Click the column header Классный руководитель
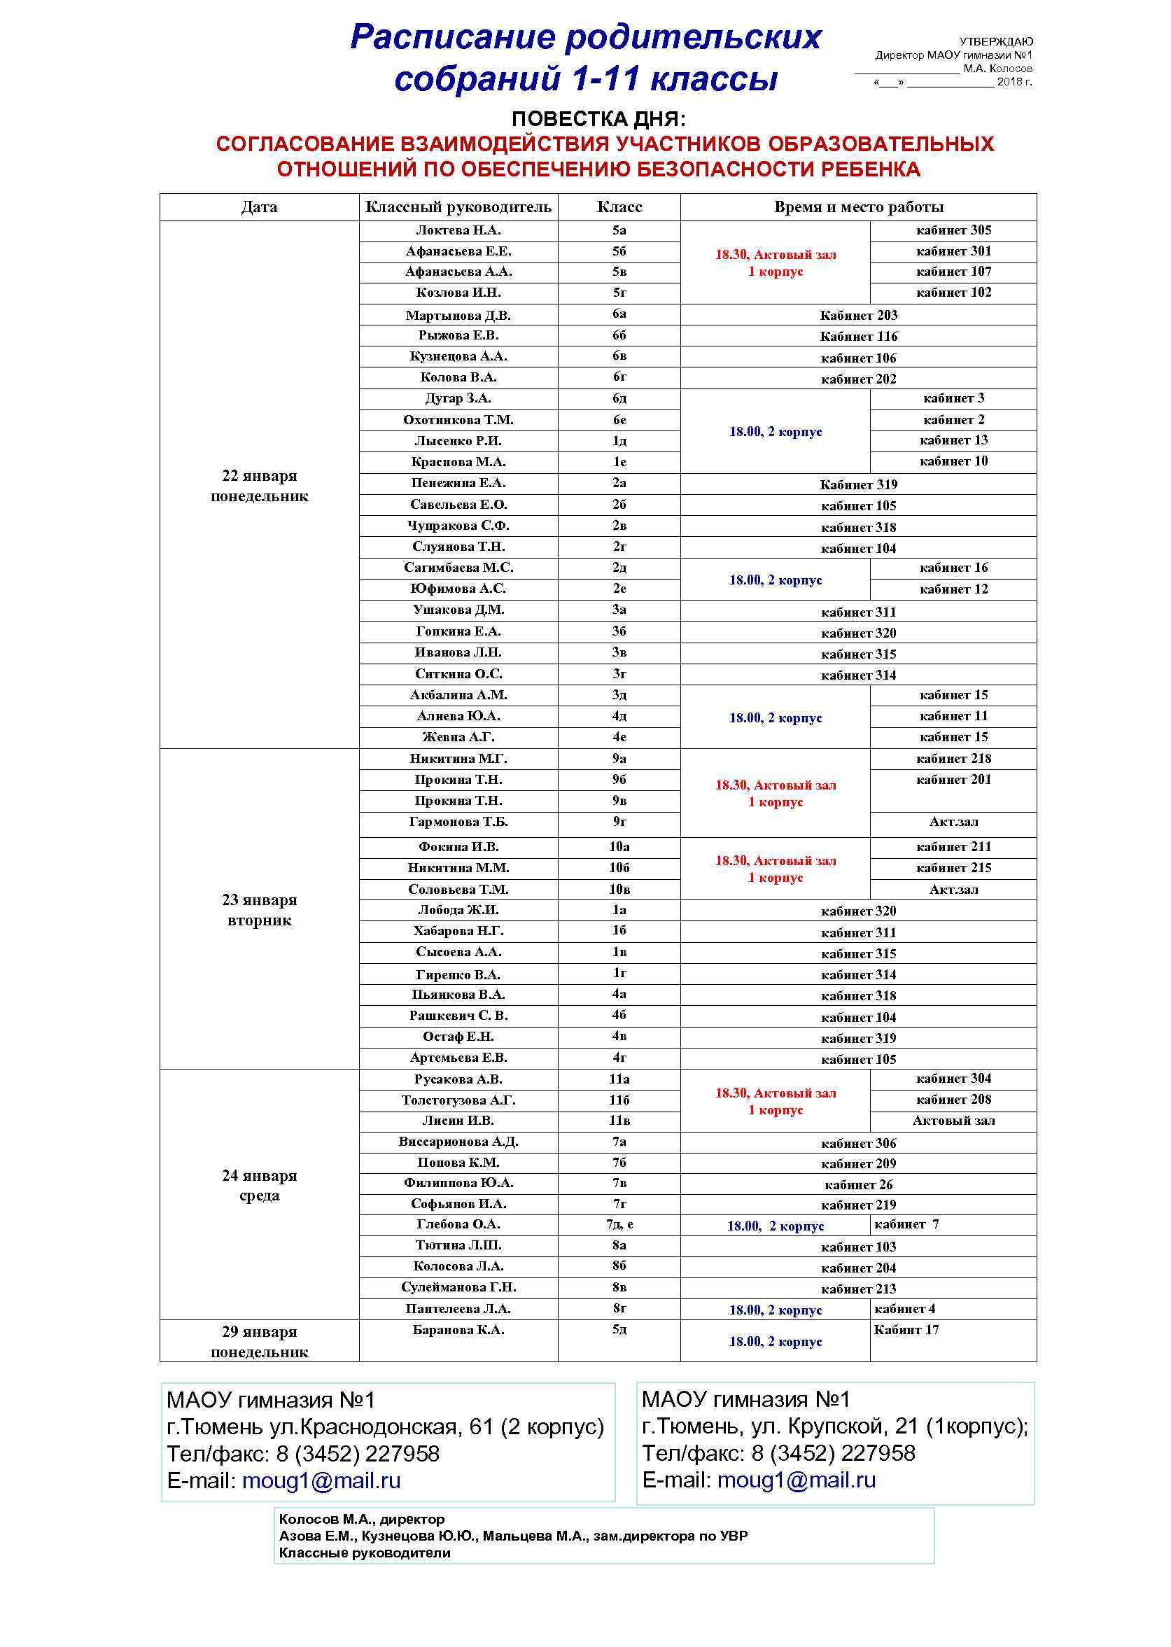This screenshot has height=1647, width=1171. pos(458,207)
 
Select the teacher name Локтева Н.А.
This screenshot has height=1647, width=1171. pos(458,230)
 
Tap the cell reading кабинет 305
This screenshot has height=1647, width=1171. pos(953,230)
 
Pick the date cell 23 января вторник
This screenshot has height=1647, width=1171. pos(259,909)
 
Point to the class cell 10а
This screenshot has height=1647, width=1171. pos(619,846)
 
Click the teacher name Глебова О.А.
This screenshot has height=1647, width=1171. pos(458,1224)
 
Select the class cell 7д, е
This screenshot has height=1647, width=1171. pos(619,1224)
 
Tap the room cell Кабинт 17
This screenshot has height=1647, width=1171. pos(906,1329)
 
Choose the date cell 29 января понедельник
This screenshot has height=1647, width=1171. pos(259,1341)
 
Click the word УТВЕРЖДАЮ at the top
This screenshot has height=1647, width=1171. pos(996,42)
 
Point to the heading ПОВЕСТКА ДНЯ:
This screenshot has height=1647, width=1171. pos(598,119)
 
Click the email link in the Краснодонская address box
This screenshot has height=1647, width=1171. pos(321,1480)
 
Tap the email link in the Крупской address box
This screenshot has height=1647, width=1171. pos(796,1480)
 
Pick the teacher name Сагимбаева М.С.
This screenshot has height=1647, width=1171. pos(458,568)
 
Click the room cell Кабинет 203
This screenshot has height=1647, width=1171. pos(858,315)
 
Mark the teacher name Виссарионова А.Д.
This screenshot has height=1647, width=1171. pos(458,1142)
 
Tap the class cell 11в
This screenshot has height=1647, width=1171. pos(619,1120)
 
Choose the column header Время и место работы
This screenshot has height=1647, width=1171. pos(858,207)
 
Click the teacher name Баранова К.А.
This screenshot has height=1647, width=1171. pos(458,1329)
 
